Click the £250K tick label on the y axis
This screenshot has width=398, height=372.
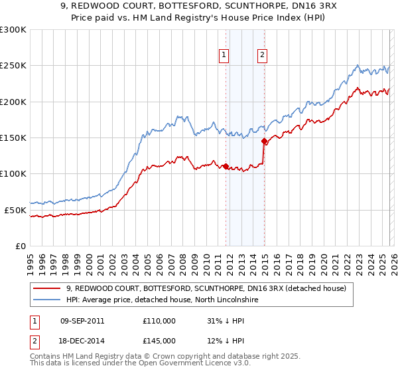(x=13, y=66)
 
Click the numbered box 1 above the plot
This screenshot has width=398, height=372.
(x=225, y=56)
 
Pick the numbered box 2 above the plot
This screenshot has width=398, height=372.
(x=263, y=56)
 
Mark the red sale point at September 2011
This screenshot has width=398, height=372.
(x=226, y=166)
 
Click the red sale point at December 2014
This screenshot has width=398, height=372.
(x=264, y=141)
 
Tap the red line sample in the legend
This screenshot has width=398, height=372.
(x=47, y=289)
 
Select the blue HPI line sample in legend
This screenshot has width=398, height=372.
(x=47, y=300)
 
